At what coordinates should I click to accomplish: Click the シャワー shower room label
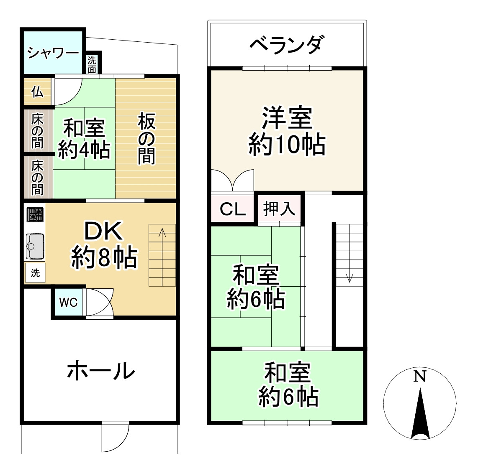(53, 53)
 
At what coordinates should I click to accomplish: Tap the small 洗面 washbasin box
(92, 65)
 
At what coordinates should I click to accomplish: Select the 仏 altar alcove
(37, 92)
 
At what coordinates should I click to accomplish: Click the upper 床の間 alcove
(37, 131)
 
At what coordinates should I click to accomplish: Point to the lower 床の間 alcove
(37, 177)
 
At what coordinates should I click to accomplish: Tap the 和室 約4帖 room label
(84, 139)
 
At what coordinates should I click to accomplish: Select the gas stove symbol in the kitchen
(35, 215)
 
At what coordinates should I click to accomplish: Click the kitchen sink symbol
(35, 246)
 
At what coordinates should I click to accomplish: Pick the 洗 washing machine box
(35, 273)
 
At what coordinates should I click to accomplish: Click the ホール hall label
(101, 371)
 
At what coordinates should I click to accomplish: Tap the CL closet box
(233, 209)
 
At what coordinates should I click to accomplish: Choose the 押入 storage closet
(279, 209)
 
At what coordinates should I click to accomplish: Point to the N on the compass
(419, 377)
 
